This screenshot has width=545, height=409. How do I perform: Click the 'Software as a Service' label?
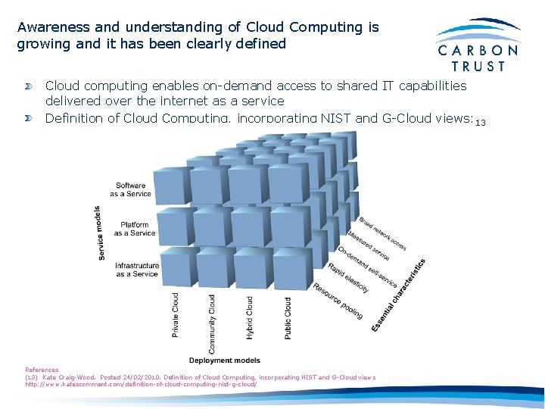[131, 189]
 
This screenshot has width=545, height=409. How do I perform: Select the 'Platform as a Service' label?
[135, 229]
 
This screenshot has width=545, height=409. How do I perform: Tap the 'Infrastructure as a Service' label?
[137, 270]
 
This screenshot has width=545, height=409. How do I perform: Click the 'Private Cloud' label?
[176, 316]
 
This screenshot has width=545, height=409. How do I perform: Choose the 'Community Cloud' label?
[212, 324]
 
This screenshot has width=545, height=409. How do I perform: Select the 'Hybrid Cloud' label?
[249, 317]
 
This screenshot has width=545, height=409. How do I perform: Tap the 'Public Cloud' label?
[288, 317]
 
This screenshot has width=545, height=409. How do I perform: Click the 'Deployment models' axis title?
[225, 361]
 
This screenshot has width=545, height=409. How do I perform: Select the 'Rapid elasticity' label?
[348, 278]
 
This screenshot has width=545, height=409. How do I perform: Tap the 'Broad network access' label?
[383, 233]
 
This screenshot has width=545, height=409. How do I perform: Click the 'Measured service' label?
[369, 245]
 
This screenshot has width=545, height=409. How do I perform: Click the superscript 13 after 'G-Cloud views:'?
[480, 123]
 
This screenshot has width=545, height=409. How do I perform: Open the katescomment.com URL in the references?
[141, 384]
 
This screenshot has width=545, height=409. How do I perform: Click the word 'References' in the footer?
[42, 370]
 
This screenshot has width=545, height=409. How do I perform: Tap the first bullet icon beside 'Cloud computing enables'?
[28, 86]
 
